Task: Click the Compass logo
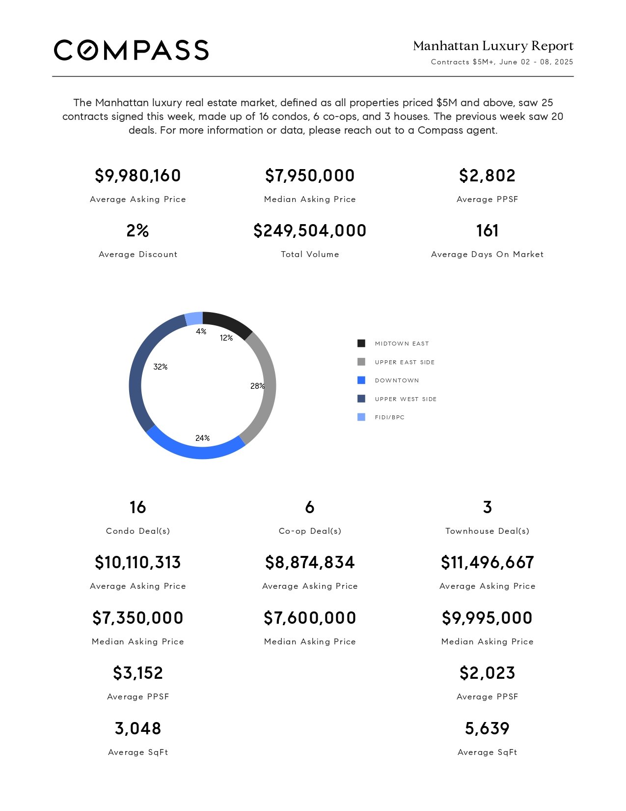point(131,50)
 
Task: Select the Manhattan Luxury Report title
point(493,46)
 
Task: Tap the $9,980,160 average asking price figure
point(137,175)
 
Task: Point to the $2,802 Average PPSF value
point(487,175)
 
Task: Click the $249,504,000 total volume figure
point(310,230)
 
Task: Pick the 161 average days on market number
point(487,230)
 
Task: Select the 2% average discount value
point(137,230)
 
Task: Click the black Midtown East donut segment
point(229,323)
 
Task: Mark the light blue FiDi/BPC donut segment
point(194,319)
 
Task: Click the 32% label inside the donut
point(161,367)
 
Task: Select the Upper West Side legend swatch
point(361,399)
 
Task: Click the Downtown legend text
point(397,380)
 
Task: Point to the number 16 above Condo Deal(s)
point(137,507)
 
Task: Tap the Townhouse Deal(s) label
point(487,531)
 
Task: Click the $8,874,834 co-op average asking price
point(310,562)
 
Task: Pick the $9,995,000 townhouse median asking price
point(487,618)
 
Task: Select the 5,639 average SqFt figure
point(487,728)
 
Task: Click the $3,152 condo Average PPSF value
point(137,673)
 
